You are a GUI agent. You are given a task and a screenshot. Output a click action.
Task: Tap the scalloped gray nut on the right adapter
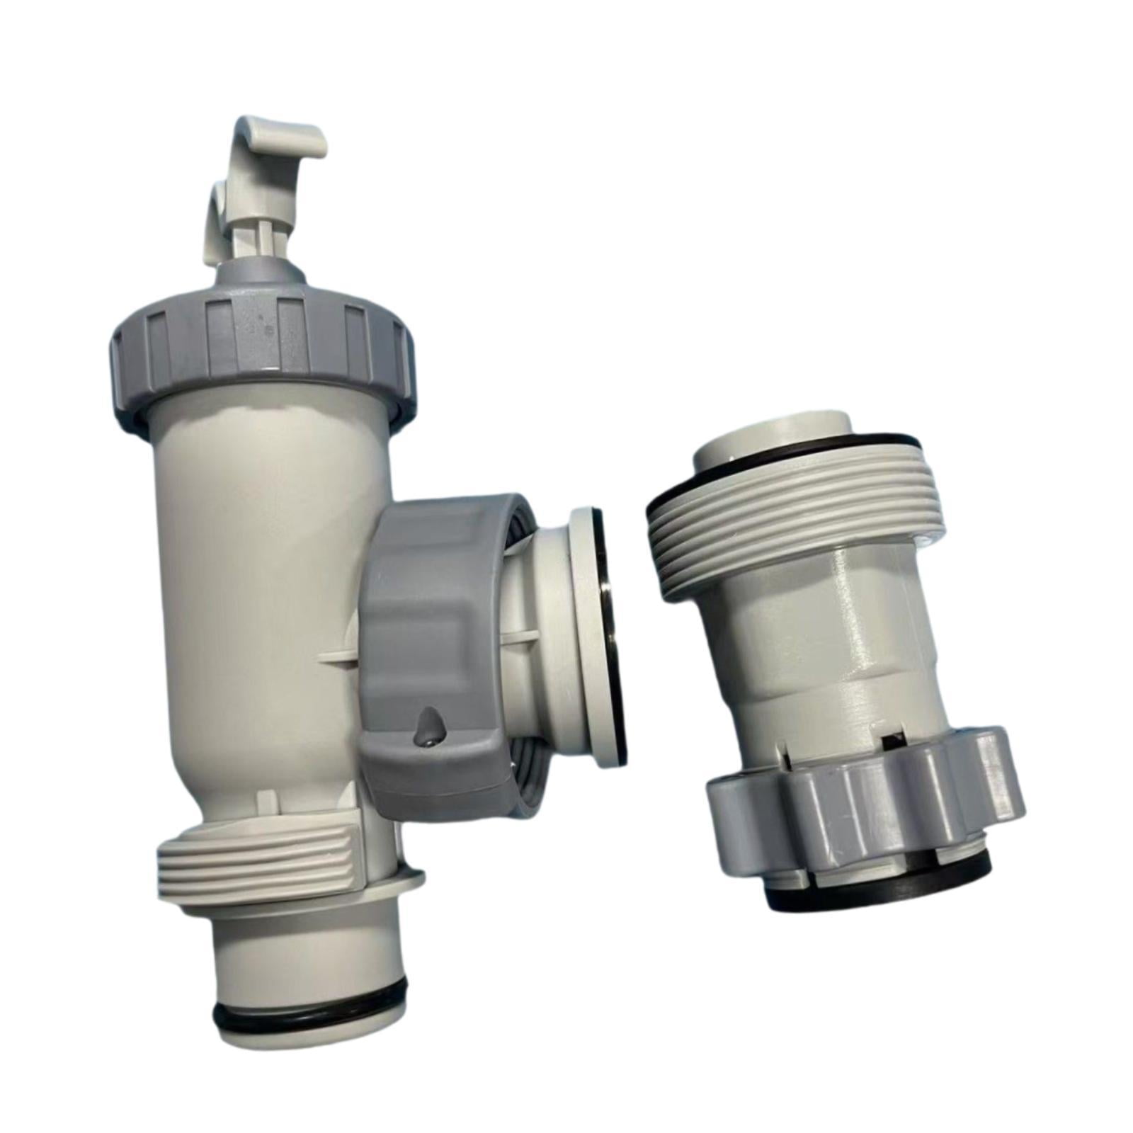click(x=864, y=807)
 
